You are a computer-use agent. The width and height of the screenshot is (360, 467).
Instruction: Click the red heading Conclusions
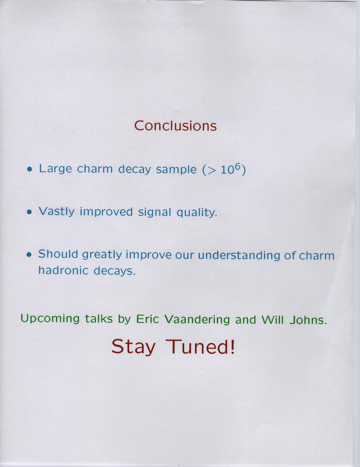(175, 126)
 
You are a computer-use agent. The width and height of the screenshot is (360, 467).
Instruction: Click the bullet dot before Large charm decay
(29, 170)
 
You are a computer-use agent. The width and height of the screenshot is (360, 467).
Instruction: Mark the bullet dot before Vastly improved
(29, 212)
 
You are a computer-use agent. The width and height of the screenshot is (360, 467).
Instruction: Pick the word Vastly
(57, 212)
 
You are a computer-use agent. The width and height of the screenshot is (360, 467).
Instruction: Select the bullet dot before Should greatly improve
(29, 255)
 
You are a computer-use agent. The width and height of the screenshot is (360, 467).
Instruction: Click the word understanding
(239, 255)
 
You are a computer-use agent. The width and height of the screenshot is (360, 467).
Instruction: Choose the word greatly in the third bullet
(102, 255)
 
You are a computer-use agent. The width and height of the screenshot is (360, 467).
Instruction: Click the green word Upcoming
(50, 319)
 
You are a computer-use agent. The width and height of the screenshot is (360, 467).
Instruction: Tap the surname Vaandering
(197, 320)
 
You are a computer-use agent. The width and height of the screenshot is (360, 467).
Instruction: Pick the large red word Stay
(133, 347)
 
